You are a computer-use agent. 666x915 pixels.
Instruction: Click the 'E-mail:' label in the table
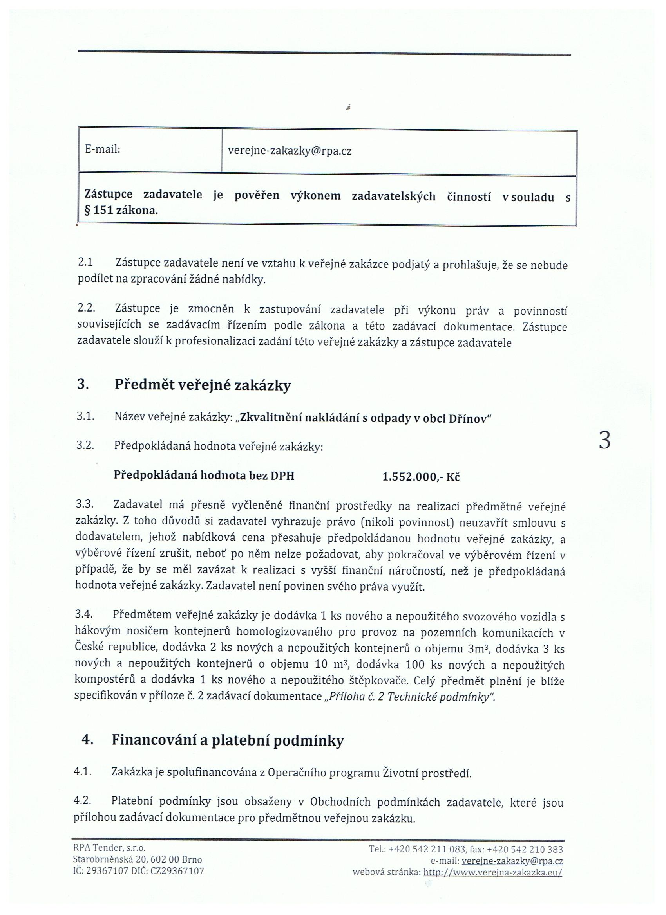click(103, 149)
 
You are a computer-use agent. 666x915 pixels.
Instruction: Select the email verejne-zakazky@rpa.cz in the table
click(290, 151)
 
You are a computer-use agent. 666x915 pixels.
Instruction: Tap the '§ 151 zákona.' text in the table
click(121, 211)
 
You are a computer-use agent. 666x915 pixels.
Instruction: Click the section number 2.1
click(85, 262)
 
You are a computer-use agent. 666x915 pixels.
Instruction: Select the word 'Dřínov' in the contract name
click(470, 419)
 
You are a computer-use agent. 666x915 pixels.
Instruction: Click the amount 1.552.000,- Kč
click(421, 477)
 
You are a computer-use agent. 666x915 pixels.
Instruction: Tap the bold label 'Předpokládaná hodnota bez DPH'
click(204, 476)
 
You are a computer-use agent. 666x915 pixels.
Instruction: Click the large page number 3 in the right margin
click(604, 441)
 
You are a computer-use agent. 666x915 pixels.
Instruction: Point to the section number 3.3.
click(85, 504)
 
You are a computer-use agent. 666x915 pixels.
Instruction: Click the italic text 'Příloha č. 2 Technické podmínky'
click(409, 697)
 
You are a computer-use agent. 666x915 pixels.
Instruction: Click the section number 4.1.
click(83, 772)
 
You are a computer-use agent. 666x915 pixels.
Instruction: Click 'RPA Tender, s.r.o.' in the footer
click(109, 848)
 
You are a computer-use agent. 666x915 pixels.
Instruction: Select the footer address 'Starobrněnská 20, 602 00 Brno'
click(138, 859)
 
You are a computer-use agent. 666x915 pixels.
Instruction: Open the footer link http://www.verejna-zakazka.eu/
click(492, 872)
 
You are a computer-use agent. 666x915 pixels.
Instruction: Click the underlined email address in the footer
click(512, 861)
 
